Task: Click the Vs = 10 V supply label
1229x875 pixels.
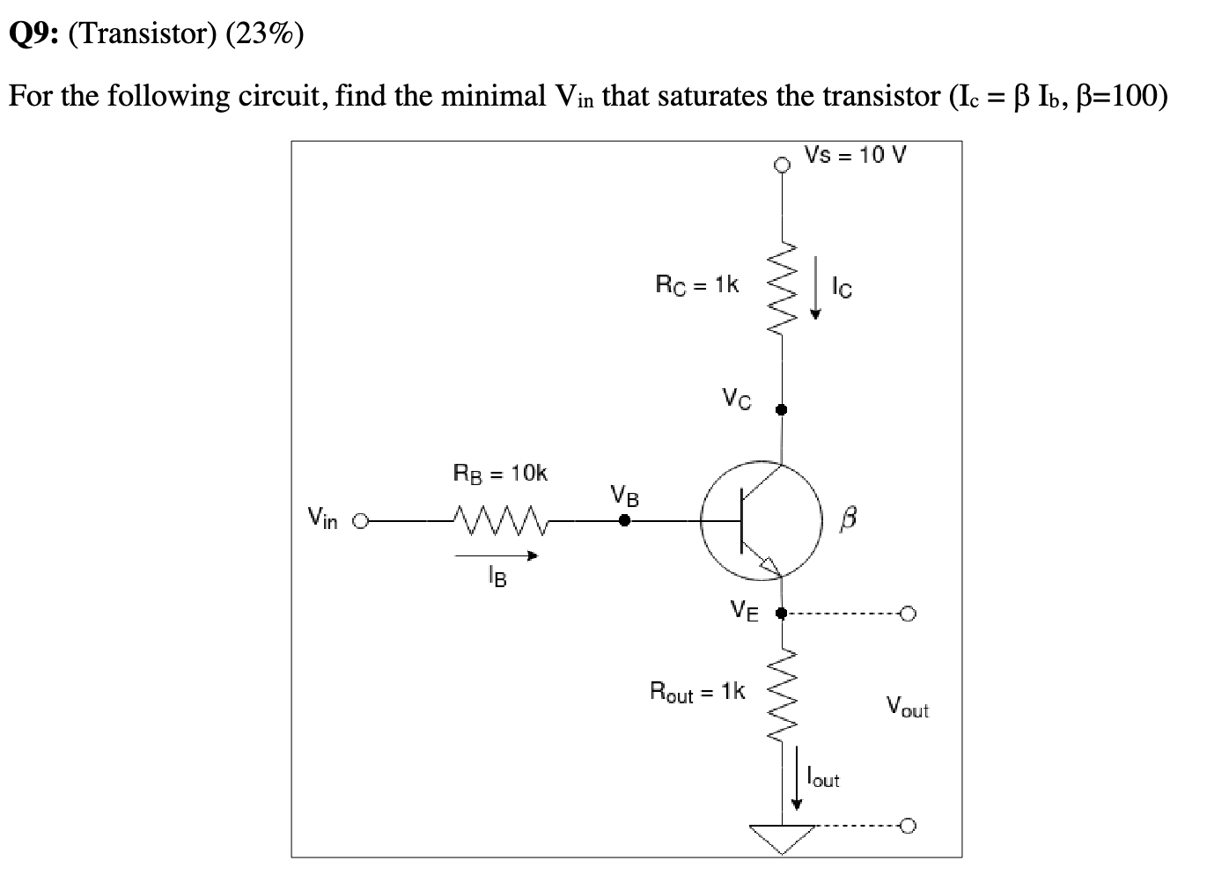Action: click(x=856, y=156)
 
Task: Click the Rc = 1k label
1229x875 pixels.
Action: click(x=697, y=284)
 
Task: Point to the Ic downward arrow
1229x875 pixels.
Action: click(x=816, y=287)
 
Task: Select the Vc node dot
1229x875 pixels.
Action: click(x=781, y=409)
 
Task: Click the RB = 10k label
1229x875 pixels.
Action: click(x=499, y=474)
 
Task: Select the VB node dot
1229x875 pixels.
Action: click(x=624, y=521)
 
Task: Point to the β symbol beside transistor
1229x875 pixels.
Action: click(x=848, y=520)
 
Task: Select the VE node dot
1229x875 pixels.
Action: click(x=781, y=613)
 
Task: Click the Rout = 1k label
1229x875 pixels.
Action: click(x=696, y=692)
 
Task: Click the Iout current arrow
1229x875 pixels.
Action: click(x=798, y=777)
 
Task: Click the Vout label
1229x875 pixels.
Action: click(x=907, y=707)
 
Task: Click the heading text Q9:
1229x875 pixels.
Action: click(x=33, y=34)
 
